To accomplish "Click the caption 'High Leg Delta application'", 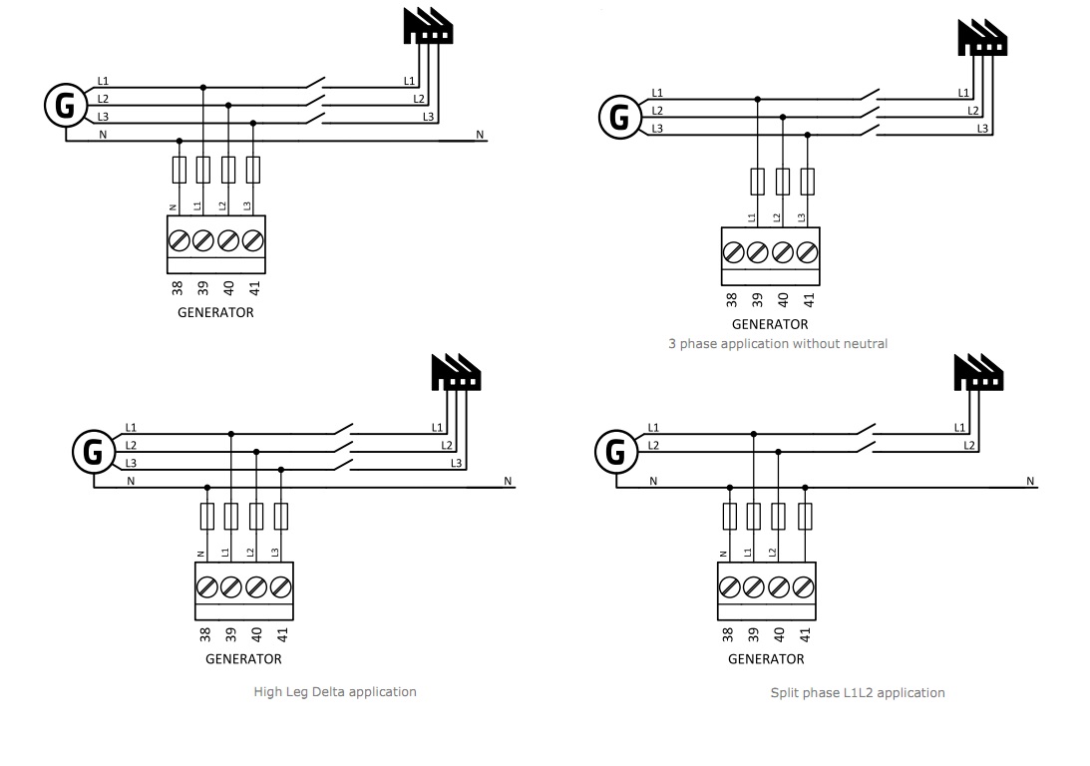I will point(335,691).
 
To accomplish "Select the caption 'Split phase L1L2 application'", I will point(858,692).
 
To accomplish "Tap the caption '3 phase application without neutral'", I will point(778,343).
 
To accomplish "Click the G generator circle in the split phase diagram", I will point(616,453).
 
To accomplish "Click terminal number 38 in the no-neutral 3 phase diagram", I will point(732,299).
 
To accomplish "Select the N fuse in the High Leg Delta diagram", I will point(206,516).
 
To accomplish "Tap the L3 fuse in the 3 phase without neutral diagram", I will point(808,182).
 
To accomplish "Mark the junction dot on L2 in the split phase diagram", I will point(779,452).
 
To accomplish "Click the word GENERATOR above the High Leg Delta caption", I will point(243,658).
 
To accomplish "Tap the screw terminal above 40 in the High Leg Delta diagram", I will point(257,584).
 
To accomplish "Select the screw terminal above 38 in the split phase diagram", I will point(729,584).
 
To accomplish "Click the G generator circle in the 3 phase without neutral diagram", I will point(619,117).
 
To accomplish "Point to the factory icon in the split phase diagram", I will point(978,373).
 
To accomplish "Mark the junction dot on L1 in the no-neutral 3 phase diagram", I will point(758,99).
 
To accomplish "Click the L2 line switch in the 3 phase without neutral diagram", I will point(868,111).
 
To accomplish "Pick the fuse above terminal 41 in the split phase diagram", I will point(805,516).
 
